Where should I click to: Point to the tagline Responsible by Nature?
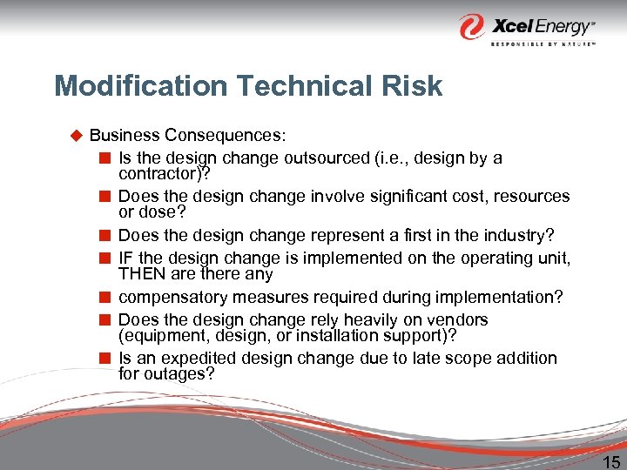click(543, 43)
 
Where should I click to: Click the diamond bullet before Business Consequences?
click(75, 135)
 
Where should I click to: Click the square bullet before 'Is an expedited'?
click(104, 358)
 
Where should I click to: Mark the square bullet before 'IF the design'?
click(104, 258)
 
